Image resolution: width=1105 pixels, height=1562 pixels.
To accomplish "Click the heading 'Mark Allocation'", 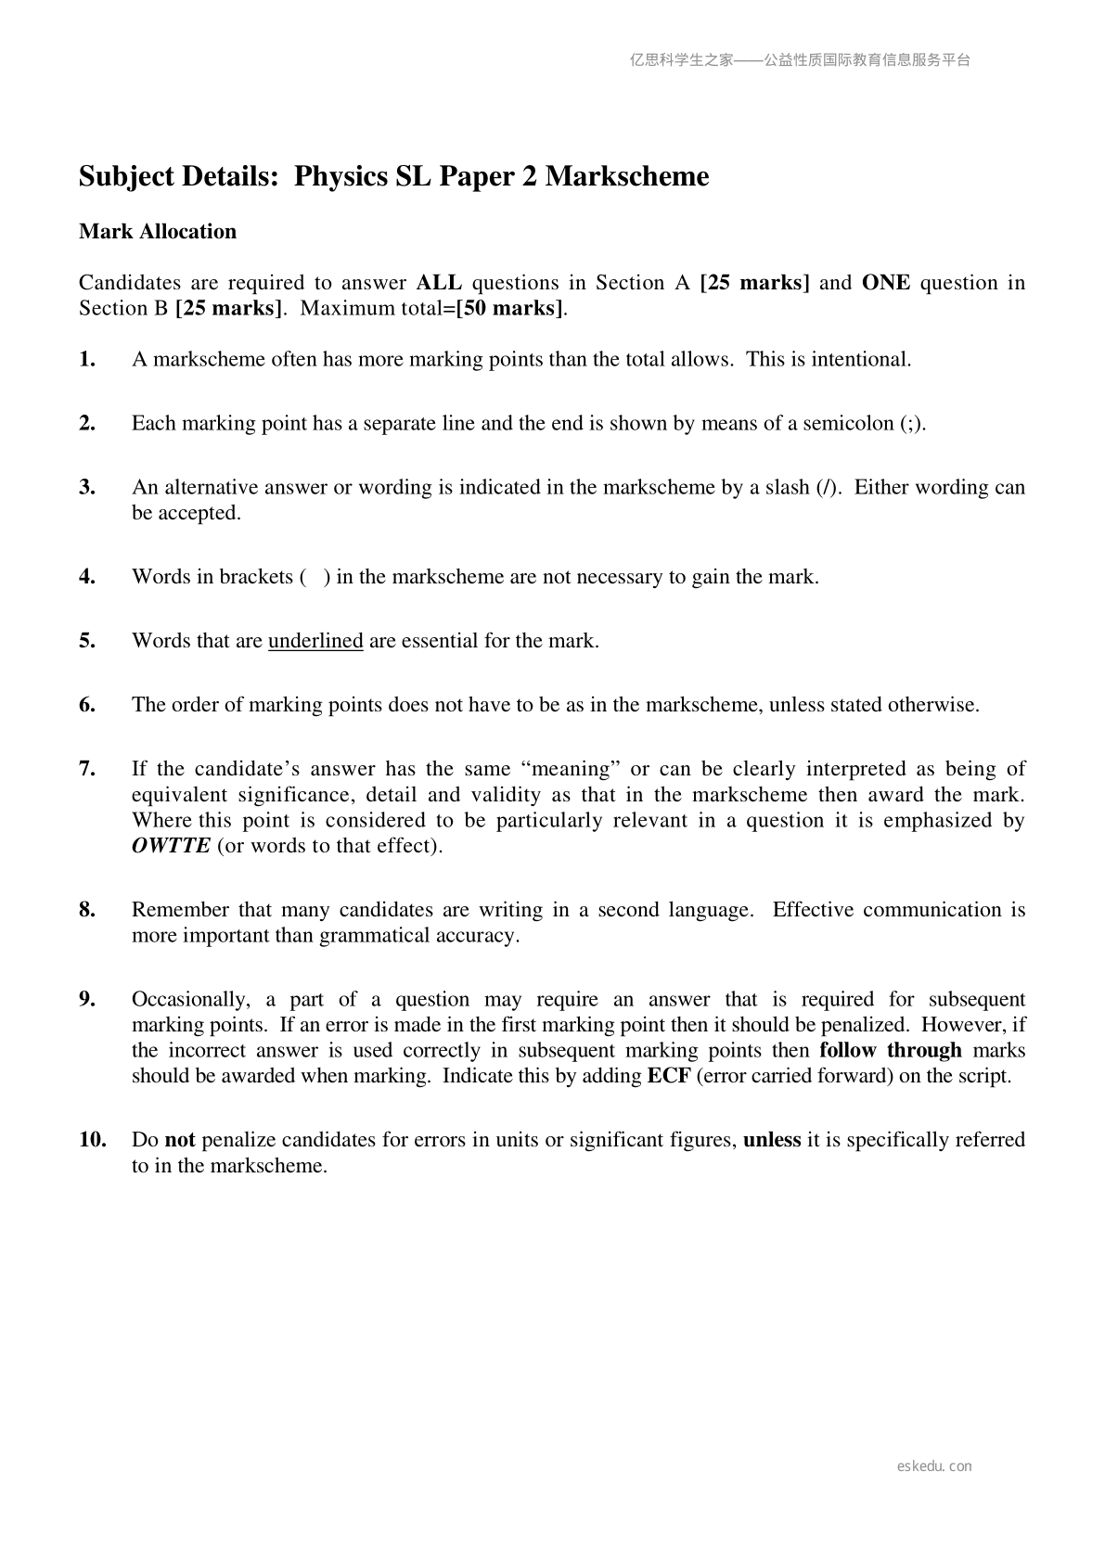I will pyautogui.click(x=158, y=232).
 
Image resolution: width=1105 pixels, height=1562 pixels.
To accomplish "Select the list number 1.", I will pyautogui.click(x=87, y=360).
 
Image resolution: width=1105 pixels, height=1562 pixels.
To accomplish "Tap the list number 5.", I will pyautogui.click(x=87, y=641).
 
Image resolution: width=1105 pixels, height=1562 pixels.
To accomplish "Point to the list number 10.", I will pyautogui.click(x=92, y=1140).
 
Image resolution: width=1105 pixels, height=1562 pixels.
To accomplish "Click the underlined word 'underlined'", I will pyautogui.click(x=315, y=641).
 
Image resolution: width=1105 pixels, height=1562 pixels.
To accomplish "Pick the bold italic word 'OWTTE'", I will pyautogui.click(x=171, y=846).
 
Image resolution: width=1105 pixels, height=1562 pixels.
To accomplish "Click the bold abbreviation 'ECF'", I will pyautogui.click(x=668, y=1077).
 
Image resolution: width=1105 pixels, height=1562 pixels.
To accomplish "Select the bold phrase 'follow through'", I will pyautogui.click(x=891, y=1051).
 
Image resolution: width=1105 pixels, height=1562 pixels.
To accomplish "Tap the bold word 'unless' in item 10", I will pyautogui.click(x=772, y=1140).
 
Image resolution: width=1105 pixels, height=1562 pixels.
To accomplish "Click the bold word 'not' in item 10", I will pyautogui.click(x=179, y=1140).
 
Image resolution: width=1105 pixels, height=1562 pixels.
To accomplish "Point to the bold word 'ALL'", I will pyautogui.click(x=439, y=283).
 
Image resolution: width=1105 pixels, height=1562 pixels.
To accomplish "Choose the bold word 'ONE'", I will pyautogui.click(x=886, y=283).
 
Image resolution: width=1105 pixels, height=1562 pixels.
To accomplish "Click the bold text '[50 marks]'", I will pyautogui.click(x=509, y=309).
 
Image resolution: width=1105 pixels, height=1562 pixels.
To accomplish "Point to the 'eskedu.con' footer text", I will pyautogui.click(x=934, y=1466).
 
